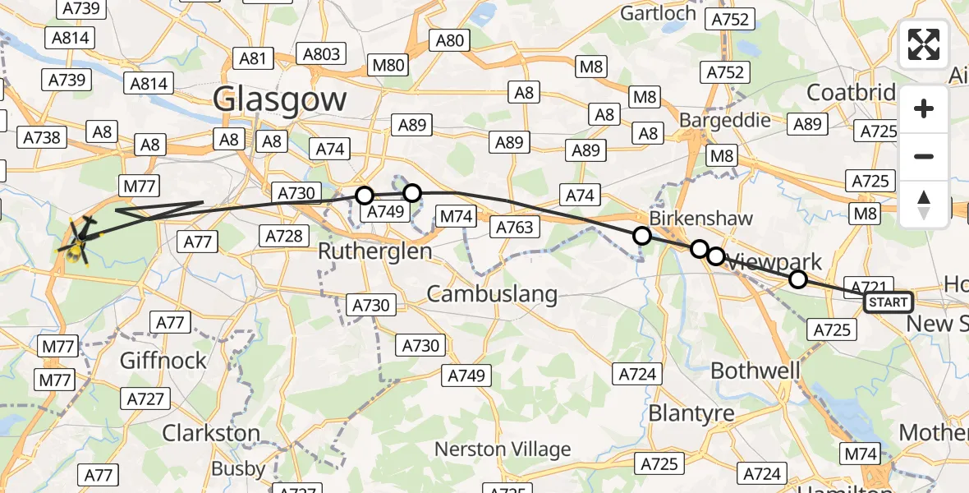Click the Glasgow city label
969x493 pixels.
pyautogui.click(x=280, y=100)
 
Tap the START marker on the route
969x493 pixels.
pyautogui.click(x=888, y=302)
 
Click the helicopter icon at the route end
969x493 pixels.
pyautogui.click(x=80, y=241)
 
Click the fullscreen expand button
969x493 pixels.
pyautogui.click(x=924, y=44)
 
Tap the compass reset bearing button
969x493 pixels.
pyautogui.click(x=924, y=205)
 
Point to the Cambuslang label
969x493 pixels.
pyautogui.click(x=492, y=293)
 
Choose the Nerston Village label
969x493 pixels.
pyautogui.click(x=502, y=449)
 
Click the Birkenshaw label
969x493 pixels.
pyautogui.click(x=689, y=219)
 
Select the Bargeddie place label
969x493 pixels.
pyautogui.click(x=725, y=120)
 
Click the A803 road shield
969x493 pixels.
pyautogui.click(x=322, y=54)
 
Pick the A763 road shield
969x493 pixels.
pyautogui.click(x=515, y=227)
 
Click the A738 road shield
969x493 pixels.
pyautogui.click(x=42, y=137)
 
